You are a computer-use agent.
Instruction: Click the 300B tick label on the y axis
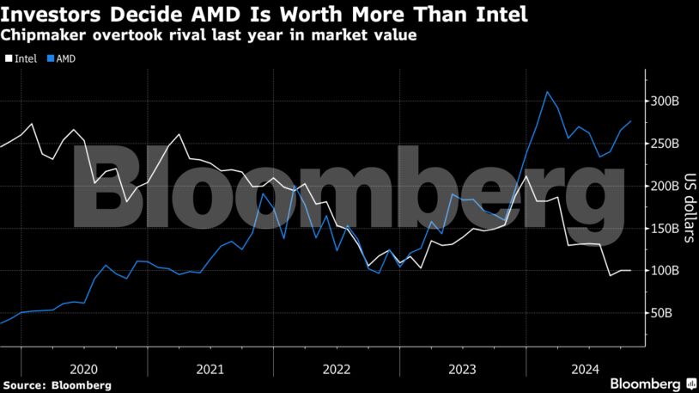pos(665,101)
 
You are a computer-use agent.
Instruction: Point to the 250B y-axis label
pos(665,144)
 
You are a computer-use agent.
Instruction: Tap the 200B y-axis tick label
pos(665,186)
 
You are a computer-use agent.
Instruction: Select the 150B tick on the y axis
pos(665,228)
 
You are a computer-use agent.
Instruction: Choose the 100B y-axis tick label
pos(665,270)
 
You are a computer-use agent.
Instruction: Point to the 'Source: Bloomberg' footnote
pos(56,384)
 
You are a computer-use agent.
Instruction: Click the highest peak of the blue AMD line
pos(548,92)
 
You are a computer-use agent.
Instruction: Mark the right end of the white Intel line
pos(631,271)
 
